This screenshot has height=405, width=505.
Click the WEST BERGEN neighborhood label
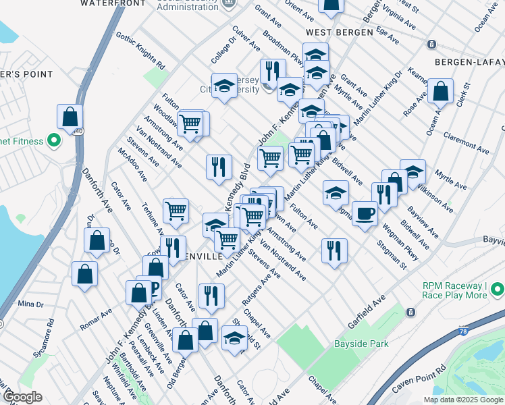click(339, 32)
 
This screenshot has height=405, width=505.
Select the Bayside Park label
click(362, 344)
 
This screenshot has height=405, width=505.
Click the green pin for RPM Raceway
click(498, 290)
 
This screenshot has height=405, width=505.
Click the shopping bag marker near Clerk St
click(440, 92)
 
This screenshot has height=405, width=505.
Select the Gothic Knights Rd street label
click(140, 51)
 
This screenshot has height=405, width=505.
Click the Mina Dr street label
click(30, 304)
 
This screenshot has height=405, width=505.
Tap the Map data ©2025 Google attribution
click(463, 400)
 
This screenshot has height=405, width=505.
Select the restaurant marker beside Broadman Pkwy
click(273, 71)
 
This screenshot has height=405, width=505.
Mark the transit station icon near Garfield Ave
click(410, 313)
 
